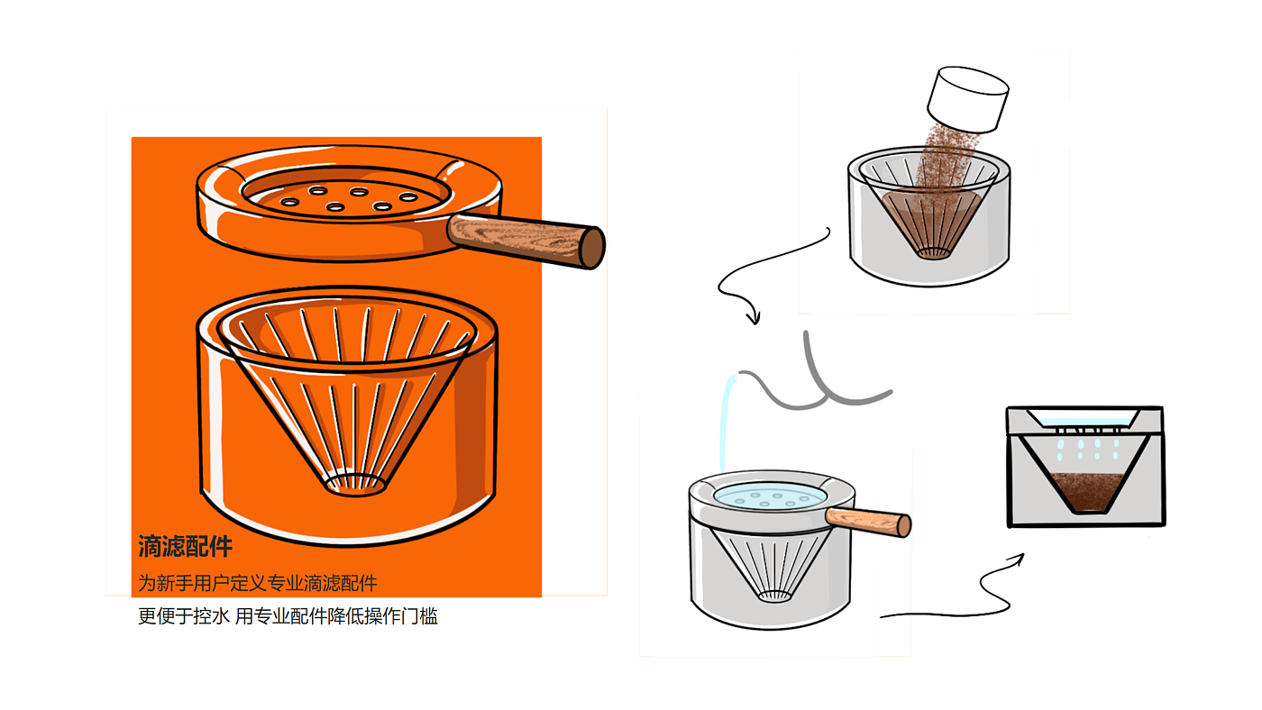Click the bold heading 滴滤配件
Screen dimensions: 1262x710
point(186,546)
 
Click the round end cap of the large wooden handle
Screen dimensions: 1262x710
point(593,247)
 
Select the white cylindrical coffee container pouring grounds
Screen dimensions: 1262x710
point(968,100)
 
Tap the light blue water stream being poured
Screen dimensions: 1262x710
point(727,423)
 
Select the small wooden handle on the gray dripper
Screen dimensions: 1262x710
point(868,522)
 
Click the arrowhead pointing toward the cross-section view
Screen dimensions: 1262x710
point(1017,560)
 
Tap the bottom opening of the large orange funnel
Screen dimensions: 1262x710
point(355,484)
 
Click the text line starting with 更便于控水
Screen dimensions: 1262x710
point(288,616)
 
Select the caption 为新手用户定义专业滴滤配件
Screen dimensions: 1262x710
point(258,583)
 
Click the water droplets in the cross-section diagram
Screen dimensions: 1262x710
point(1088,449)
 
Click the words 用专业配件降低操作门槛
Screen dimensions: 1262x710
point(336,616)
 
